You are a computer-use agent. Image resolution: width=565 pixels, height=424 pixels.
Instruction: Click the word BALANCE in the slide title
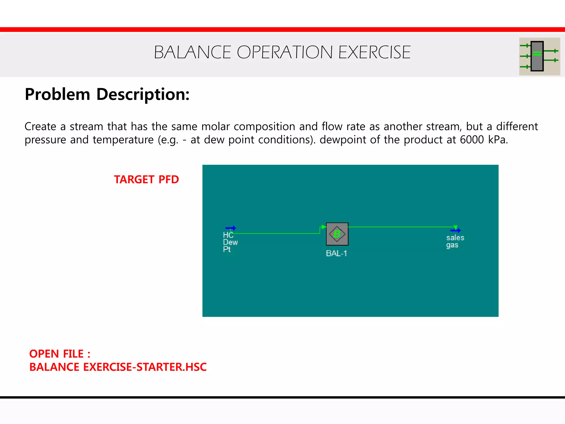tap(192, 52)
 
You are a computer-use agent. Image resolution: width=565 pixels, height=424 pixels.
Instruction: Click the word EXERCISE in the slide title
tap(374, 52)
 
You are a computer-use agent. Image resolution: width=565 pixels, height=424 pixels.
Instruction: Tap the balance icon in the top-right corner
tap(539, 56)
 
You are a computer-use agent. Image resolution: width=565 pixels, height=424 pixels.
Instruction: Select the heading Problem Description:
tap(107, 94)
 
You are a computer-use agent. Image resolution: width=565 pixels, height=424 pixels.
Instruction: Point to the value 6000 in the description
tap(472, 140)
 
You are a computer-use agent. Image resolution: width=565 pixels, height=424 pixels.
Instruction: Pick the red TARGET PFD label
tap(146, 180)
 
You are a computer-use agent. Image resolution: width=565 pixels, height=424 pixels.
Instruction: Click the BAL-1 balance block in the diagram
tap(337, 234)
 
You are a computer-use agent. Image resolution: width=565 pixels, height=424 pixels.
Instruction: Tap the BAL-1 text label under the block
tap(336, 253)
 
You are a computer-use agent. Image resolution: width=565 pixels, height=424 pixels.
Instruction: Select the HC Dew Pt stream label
tap(230, 242)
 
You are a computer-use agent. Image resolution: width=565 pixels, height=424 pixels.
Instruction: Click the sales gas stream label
tap(455, 241)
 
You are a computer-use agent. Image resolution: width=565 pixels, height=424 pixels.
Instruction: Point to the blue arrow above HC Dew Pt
tap(231, 228)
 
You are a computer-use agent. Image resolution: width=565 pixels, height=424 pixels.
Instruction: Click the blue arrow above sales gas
tap(455, 230)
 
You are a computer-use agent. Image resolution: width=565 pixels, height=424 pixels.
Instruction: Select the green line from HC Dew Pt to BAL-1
tap(276, 234)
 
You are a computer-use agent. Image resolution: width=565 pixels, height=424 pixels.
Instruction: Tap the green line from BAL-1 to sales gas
tap(400, 227)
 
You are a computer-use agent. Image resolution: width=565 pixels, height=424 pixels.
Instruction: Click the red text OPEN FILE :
tap(60, 354)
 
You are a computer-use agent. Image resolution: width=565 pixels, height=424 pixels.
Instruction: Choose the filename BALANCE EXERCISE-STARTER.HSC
tap(118, 367)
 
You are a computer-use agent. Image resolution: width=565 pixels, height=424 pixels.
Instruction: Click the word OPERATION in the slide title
tap(284, 52)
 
